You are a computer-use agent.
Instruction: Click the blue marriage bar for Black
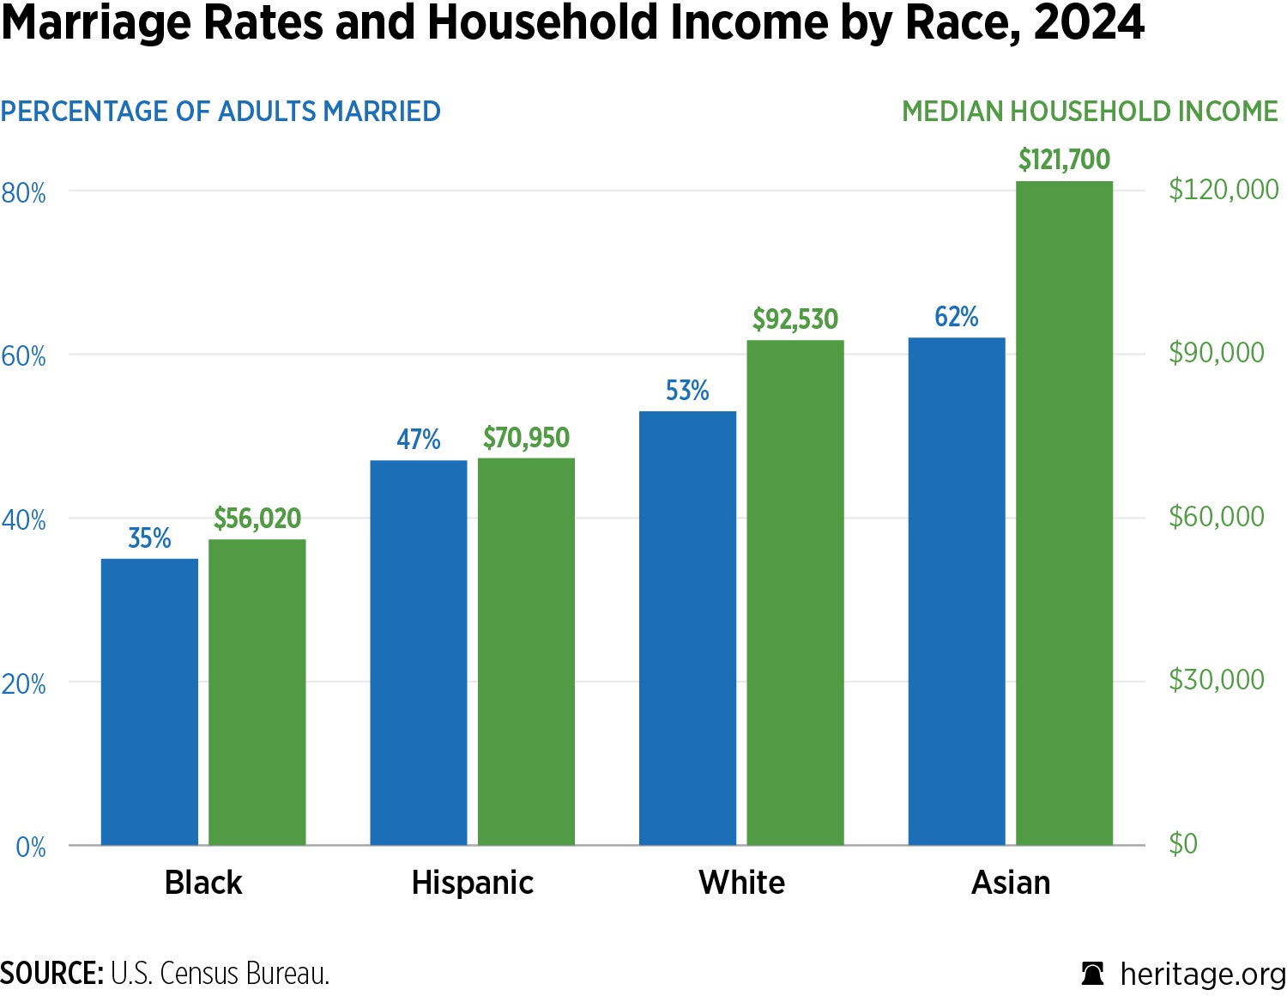pos(149,701)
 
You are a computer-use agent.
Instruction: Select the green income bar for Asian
pos(1064,513)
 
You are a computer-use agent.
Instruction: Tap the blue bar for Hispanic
pos(419,653)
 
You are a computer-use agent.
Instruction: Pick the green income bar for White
pos(795,592)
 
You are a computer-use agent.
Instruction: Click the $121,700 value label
pos(1064,160)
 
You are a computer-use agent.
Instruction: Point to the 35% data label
pos(149,538)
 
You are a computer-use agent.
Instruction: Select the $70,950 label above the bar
pos(526,438)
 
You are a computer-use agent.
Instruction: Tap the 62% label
pos(956,317)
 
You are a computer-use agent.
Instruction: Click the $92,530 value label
pos(795,319)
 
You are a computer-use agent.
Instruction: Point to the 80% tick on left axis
pos(23,192)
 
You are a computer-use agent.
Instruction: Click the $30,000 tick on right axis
pos(1216,679)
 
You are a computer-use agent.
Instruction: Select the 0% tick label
pos(31,847)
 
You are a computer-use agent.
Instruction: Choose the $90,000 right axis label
pos(1216,352)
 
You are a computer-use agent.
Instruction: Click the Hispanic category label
pos(472,883)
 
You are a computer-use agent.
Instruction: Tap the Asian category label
pos(1010,883)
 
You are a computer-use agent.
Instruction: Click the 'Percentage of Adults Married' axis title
pos(221,112)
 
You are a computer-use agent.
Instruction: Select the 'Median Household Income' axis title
pos(1090,112)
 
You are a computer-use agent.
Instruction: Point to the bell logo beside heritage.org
pos(1092,974)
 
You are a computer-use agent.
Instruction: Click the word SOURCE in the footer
pos(51,974)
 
